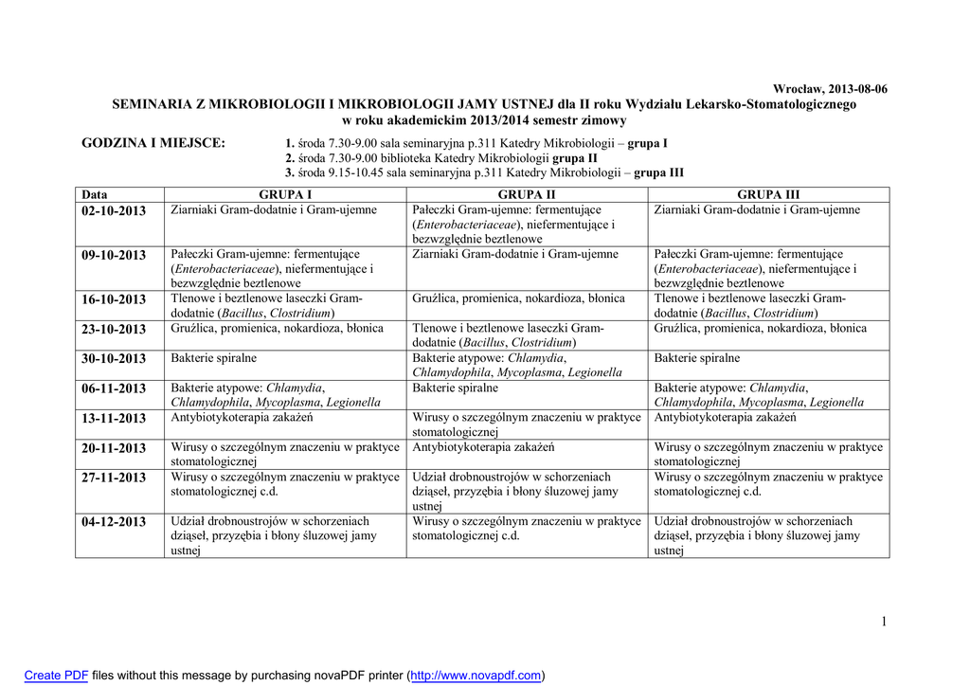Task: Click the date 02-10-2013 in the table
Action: click(x=113, y=211)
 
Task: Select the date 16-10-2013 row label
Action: click(x=113, y=299)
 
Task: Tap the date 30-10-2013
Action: click(x=113, y=359)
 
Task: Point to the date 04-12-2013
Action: click(x=113, y=522)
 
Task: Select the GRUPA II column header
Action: click(x=527, y=195)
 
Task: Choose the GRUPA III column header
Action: click(x=768, y=195)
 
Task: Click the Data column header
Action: click(x=95, y=195)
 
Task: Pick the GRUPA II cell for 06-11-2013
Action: click(x=456, y=388)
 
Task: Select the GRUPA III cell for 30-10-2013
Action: click(x=697, y=359)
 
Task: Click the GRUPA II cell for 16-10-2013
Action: click(x=519, y=299)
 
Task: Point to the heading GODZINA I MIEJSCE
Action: click(x=154, y=143)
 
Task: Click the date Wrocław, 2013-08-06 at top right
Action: click(x=831, y=88)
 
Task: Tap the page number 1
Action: click(x=884, y=622)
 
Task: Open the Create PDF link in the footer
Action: click(x=56, y=676)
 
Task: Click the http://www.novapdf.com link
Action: click(x=476, y=676)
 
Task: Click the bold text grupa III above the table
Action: click(x=658, y=173)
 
